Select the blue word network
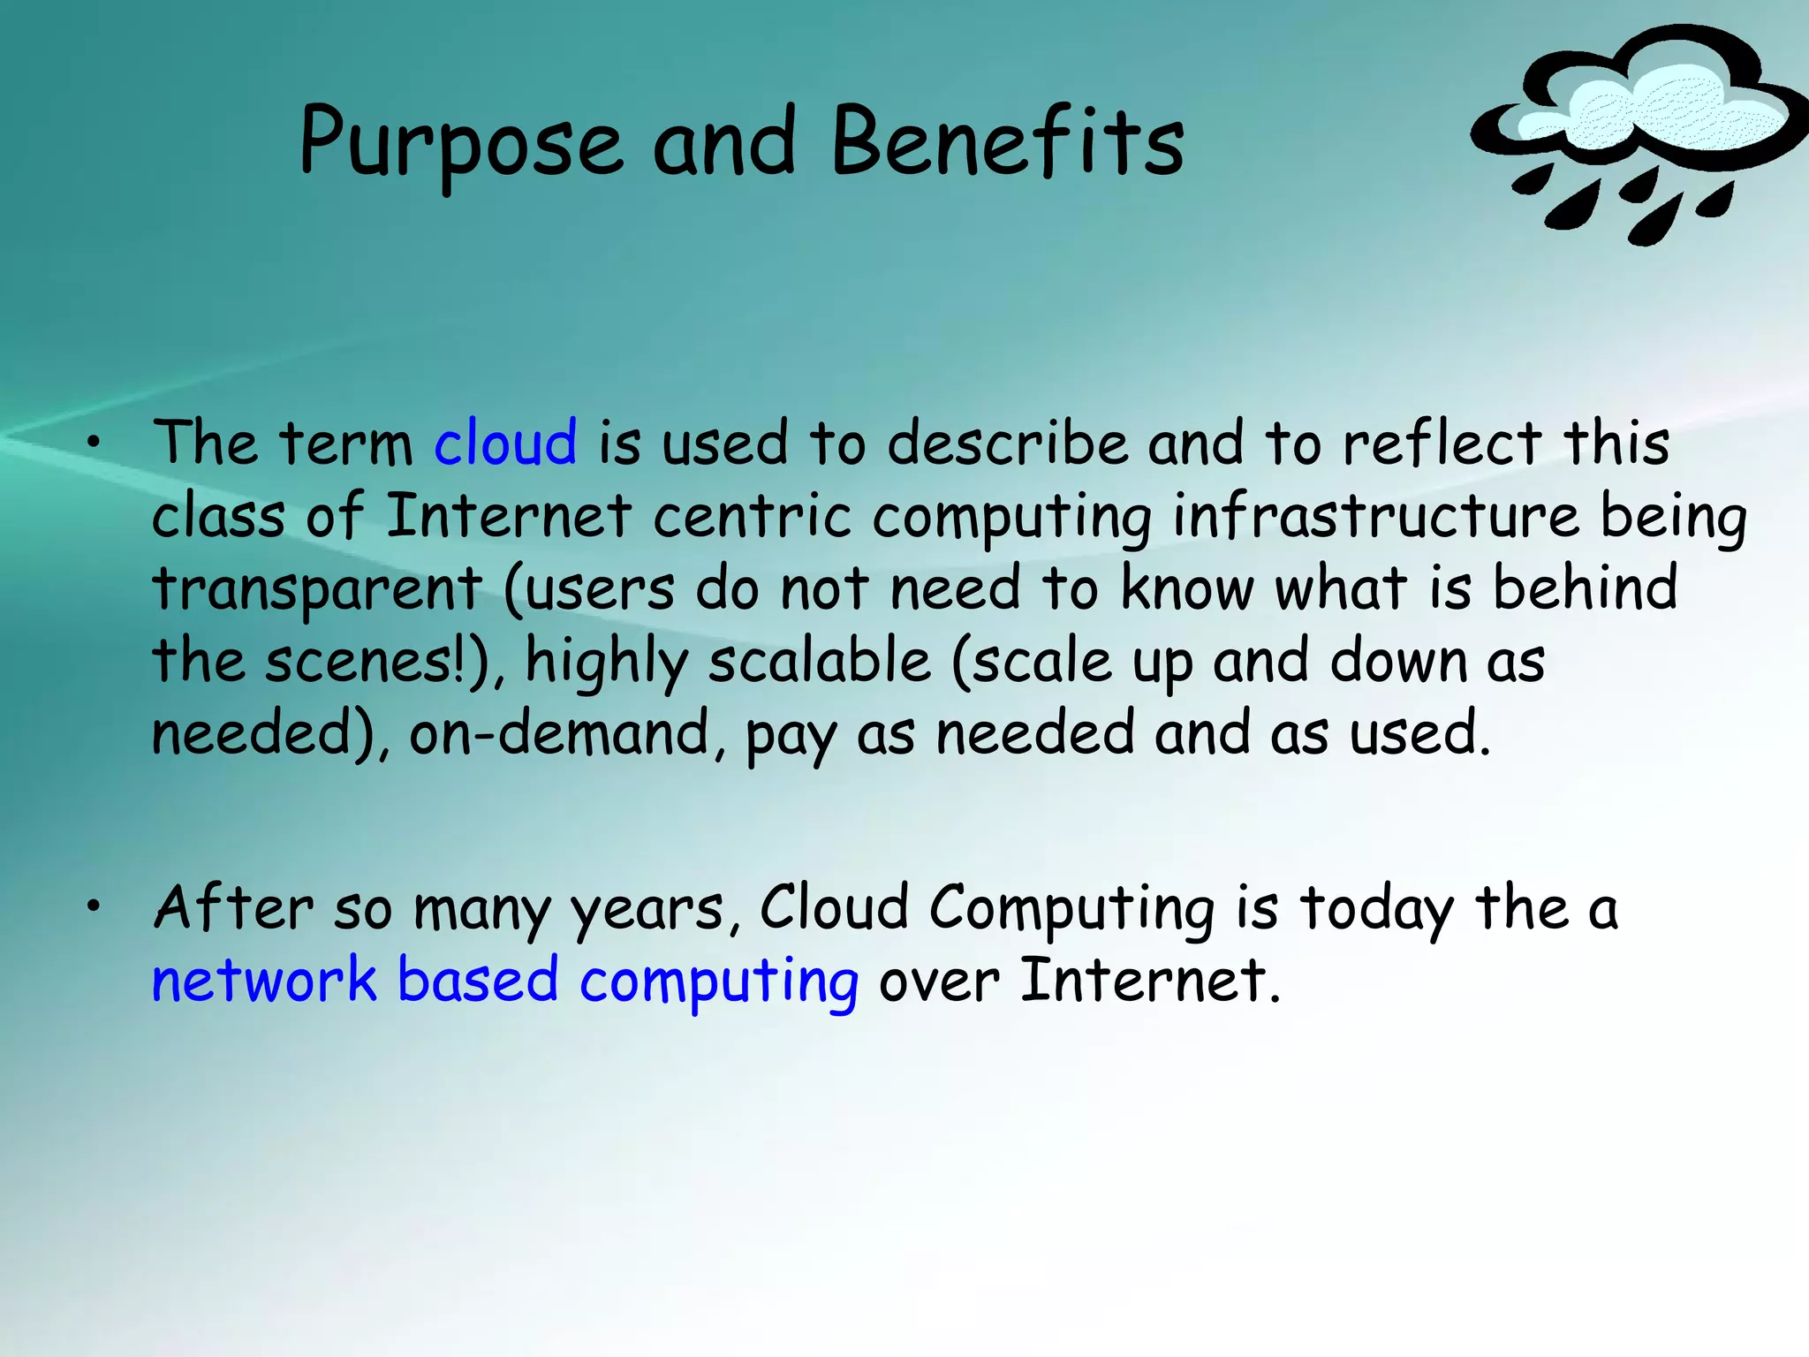click(x=264, y=981)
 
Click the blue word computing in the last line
click(x=718, y=982)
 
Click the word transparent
click(x=317, y=589)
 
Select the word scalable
click(x=819, y=661)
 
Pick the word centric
click(x=752, y=516)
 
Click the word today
click(x=1376, y=910)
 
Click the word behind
click(x=1585, y=588)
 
